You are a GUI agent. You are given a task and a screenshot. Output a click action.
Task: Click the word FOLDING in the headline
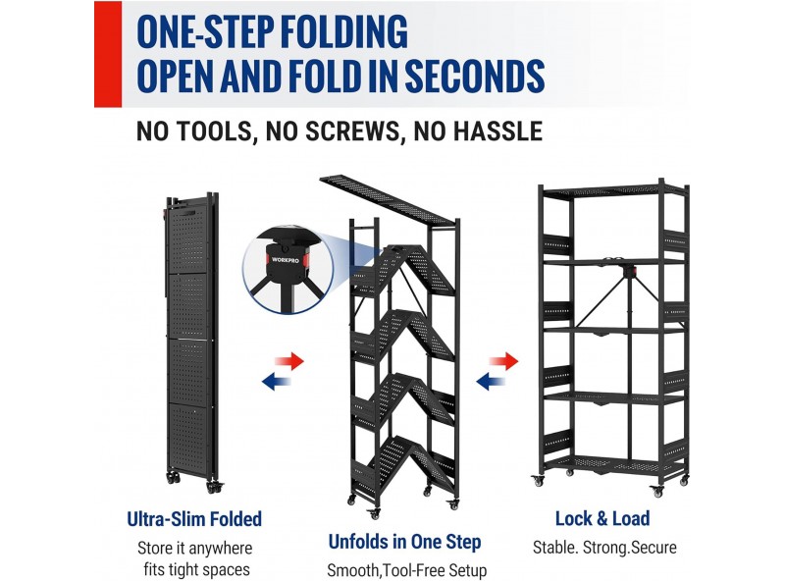tap(343, 31)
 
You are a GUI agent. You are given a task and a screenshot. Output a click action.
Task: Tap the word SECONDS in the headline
tap(475, 77)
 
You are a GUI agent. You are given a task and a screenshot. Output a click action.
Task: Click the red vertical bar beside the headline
tap(108, 54)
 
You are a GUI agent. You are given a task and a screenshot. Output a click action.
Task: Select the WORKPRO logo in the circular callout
tap(286, 260)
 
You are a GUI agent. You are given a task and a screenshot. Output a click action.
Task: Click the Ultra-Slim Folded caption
tap(194, 519)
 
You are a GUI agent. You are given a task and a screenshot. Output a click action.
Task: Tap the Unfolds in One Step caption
tap(404, 542)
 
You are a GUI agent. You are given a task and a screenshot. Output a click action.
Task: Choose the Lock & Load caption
tap(602, 518)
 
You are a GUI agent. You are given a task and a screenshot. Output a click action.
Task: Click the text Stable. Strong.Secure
tap(604, 548)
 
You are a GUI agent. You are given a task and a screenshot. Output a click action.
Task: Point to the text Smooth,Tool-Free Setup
tap(406, 570)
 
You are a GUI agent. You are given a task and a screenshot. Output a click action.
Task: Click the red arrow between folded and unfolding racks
tap(289, 360)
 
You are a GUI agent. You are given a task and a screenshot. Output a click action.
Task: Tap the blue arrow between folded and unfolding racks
tap(277, 382)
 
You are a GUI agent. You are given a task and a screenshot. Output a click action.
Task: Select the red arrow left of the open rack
tap(503, 360)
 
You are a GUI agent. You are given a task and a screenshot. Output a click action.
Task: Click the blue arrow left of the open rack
tap(491, 382)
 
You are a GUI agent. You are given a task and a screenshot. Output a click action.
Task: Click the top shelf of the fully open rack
tap(614, 190)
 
